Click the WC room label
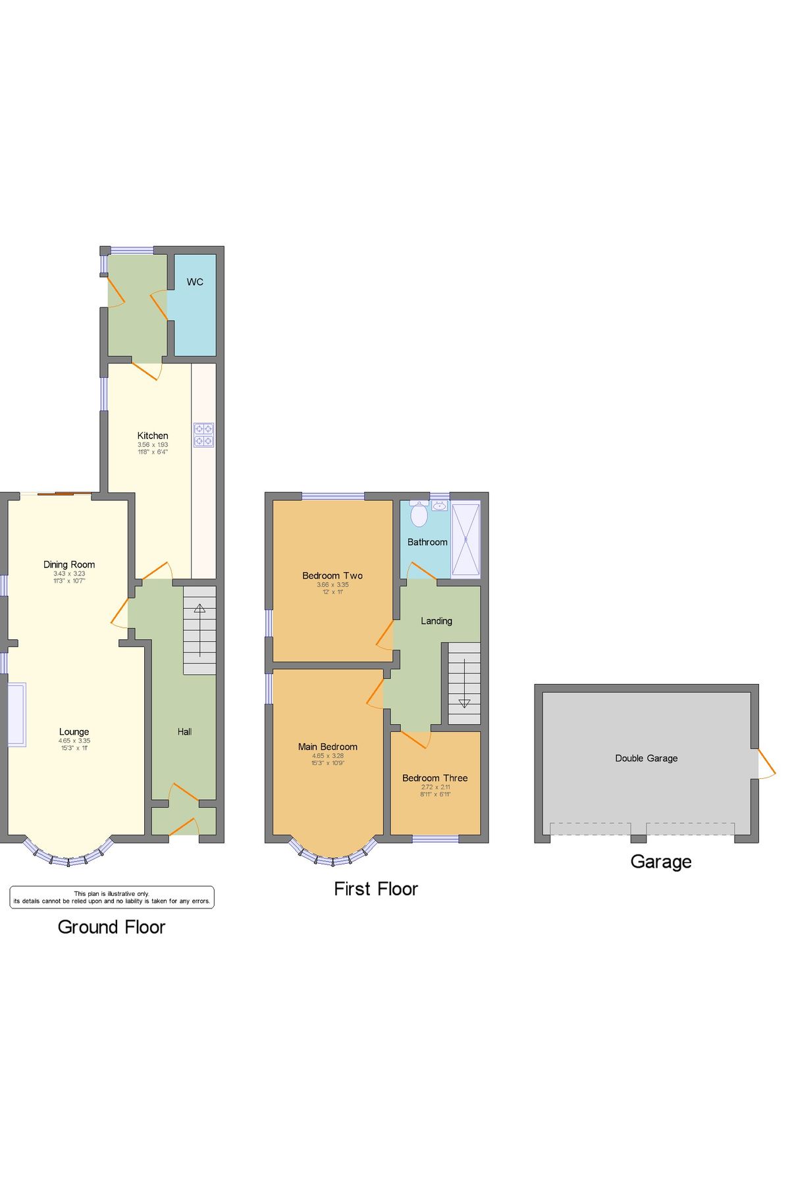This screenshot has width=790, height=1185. (195, 282)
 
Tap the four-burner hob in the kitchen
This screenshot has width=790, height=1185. (203, 435)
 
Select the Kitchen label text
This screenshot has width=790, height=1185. (153, 436)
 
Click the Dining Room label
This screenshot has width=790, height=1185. (69, 564)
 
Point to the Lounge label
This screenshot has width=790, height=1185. (74, 731)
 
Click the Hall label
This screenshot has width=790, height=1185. (184, 731)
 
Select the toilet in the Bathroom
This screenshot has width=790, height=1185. (419, 515)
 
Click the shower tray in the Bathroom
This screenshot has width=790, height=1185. (466, 539)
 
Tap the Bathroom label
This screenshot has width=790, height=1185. (427, 542)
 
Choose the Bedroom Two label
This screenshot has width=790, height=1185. (332, 575)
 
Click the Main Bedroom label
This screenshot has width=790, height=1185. (328, 747)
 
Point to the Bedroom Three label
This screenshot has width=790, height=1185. (435, 777)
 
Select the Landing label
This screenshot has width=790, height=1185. (436, 621)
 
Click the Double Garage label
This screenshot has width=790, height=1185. (646, 758)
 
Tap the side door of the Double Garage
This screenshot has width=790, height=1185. (765, 764)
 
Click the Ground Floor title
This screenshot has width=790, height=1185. (112, 927)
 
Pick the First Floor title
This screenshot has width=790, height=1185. (376, 889)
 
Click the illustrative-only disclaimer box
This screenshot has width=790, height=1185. (112, 897)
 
